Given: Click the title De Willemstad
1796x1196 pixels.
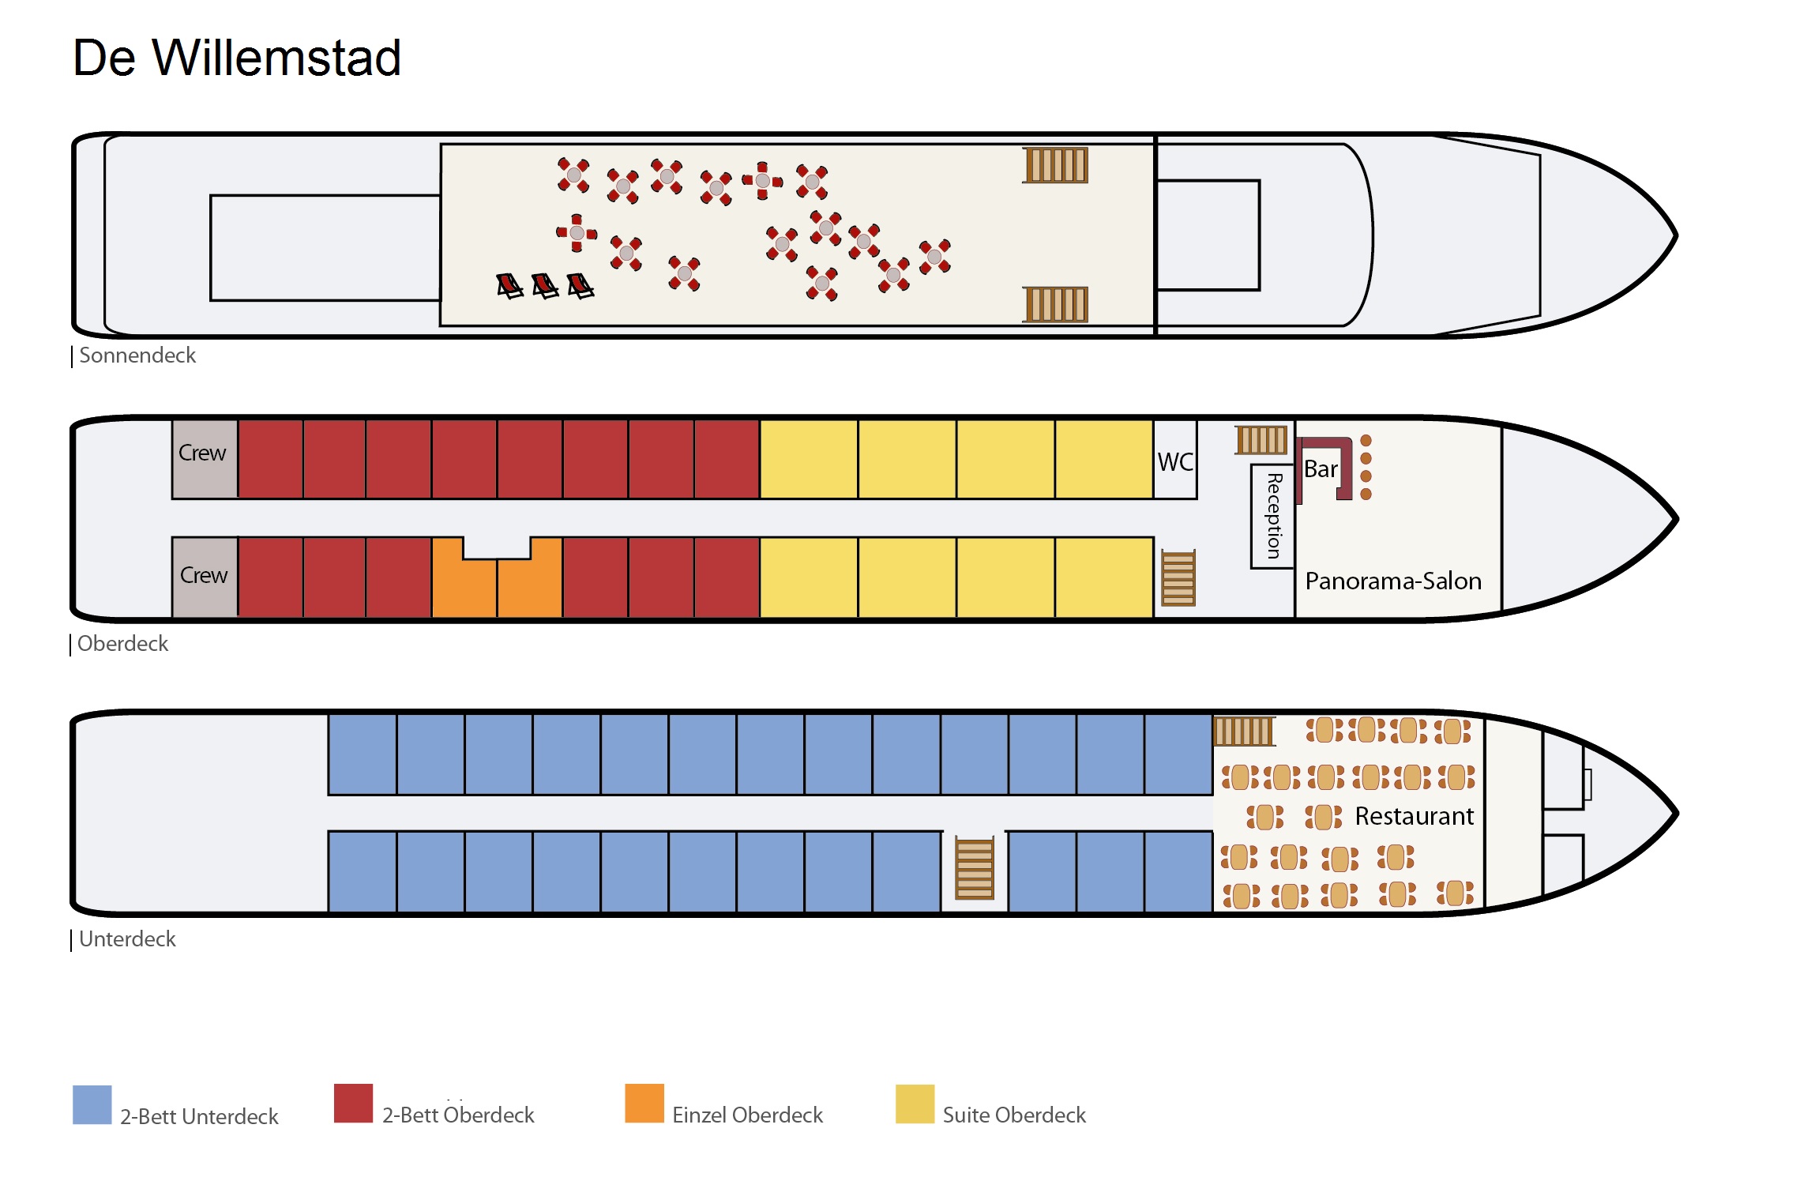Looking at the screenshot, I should pyautogui.click(x=237, y=58).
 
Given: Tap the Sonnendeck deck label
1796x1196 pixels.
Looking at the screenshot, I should pyautogui.click(x=137, y=355).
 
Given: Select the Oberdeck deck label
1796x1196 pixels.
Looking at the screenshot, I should pyautogui.click(x=122, y=644).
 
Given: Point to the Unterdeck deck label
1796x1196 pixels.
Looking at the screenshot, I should pyautogui.click(x=126, y=939).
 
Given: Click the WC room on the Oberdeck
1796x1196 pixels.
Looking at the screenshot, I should pyautogui.click(x=1175, y=461).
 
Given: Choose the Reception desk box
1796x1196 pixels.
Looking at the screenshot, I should pyautogui.click(x=1272, y=517).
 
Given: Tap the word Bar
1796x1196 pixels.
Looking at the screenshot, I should pyautogui.click(x=1320, y=469).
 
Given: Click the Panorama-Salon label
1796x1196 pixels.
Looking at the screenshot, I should pyautogui.click(x=1392, y=581).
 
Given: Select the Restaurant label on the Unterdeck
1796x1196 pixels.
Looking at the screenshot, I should pyautogui.click(x=1414, y=816).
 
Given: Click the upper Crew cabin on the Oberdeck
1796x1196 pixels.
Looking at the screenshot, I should pyautogui.click(x=204, y=459).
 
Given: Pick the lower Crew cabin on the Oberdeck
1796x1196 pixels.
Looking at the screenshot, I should pyautogui.click(x=204, y=577).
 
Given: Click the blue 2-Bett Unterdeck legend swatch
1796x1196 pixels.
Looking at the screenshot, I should pyautogui.click(x=92, y=1104).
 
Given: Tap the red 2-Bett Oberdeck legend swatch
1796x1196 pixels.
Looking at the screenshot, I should pyautogui.click(x=353, y=1104).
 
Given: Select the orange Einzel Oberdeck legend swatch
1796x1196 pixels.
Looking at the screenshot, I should pyautogui.click(x=644, y=1104).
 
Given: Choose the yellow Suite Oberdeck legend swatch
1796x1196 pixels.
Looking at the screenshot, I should pyautogui.click(x=915, y=1104).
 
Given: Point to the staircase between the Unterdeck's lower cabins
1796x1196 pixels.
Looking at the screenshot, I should pyautogui.click(x=974, y=868).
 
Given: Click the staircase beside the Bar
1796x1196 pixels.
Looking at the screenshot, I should pyautogui.click(x=1261, y=439).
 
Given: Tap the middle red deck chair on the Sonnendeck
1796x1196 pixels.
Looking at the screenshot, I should pyautogui.click(x=545, y=285).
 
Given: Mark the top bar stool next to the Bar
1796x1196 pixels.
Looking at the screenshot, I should pyautogui.click(x=1366, y=440).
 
